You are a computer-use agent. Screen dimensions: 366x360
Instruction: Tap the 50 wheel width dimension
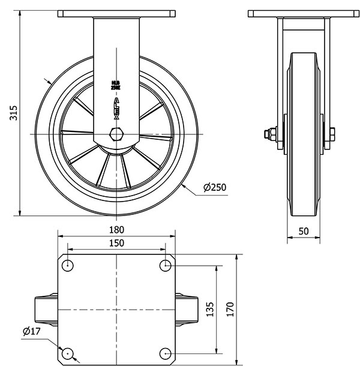point(303,231)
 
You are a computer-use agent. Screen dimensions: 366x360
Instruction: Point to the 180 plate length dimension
point(116,230)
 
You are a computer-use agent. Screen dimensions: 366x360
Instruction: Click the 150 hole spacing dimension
point(116,243)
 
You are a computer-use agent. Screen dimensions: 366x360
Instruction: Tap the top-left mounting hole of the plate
point(68,265)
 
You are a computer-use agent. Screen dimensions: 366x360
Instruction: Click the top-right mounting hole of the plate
point(166,265)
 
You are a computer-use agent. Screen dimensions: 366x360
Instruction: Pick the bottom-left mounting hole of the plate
point(68,353)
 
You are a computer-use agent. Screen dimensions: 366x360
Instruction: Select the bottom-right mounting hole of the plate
point(166,353)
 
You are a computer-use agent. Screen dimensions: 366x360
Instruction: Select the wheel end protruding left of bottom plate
point(46,309)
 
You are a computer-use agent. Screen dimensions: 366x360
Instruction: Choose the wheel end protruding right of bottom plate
point(187,309)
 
